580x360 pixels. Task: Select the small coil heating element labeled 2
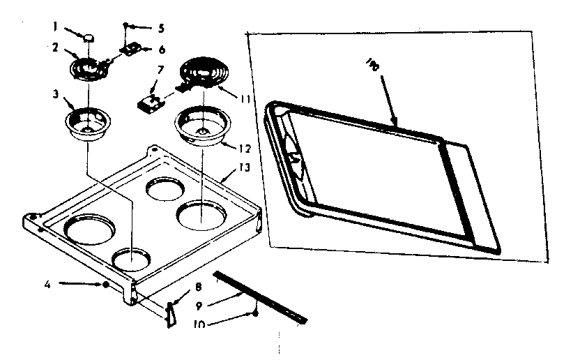(x=88, y=68)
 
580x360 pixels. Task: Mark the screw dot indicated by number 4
(x=105, y=285)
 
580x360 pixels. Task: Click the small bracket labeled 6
(x=131, y=50)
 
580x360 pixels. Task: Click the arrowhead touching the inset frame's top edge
(x=395, y=126)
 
